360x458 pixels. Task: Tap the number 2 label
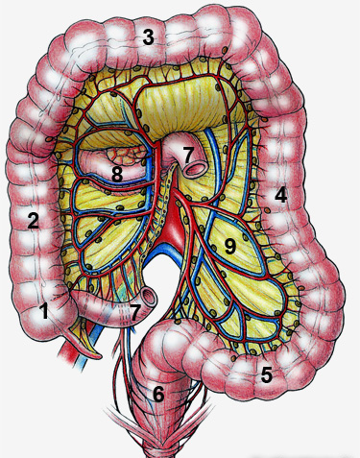click(x=33, y=221)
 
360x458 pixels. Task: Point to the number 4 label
click(x=280, y=195)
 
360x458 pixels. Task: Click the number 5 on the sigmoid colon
click(x=266, y=375)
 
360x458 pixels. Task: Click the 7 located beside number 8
click(x=189, y=154)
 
